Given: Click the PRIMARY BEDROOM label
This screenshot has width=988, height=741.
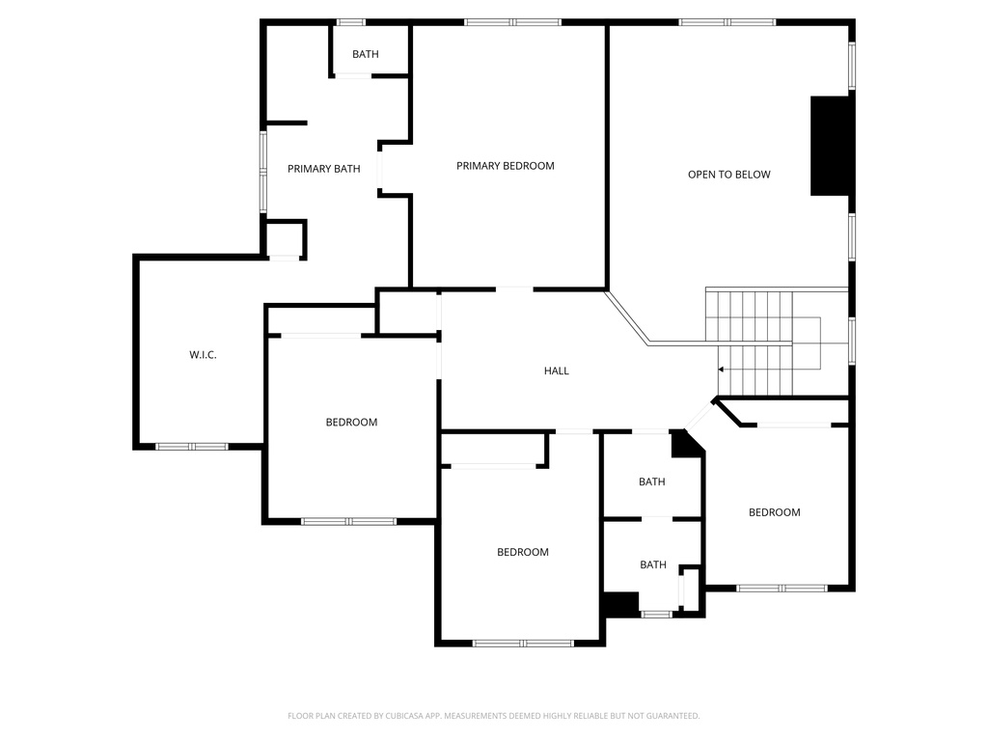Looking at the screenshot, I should (505, 166).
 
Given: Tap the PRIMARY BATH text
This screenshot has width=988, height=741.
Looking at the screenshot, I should (323, 169).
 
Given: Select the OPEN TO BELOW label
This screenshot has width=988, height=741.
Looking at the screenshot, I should (728, 175).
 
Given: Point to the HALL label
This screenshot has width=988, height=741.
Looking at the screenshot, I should (556, 370).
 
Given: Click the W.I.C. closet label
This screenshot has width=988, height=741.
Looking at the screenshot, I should (203, 355).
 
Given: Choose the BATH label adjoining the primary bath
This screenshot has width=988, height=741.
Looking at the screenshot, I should (365, 54).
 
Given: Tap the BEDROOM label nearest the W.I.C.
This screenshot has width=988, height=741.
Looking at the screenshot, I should (351, 423).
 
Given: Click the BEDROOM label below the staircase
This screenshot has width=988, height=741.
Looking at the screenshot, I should (774, 512).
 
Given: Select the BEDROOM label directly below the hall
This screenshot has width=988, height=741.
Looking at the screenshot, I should (522, 552).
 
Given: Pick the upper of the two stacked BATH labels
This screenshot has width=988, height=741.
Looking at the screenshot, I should (651, 482).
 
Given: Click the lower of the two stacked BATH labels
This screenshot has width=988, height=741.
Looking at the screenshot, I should (652, 564).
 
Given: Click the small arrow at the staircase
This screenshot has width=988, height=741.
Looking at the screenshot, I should (721, 369).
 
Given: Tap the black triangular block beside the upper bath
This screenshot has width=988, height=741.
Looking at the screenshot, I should (684, 445).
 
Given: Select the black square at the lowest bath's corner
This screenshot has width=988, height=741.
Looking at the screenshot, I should (619, 603).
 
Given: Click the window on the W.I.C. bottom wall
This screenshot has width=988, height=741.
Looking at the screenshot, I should (192, 447).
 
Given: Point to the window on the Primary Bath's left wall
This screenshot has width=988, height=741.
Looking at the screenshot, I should (262, 172).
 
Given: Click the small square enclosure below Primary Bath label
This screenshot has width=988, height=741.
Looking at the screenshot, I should (284, 238).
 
